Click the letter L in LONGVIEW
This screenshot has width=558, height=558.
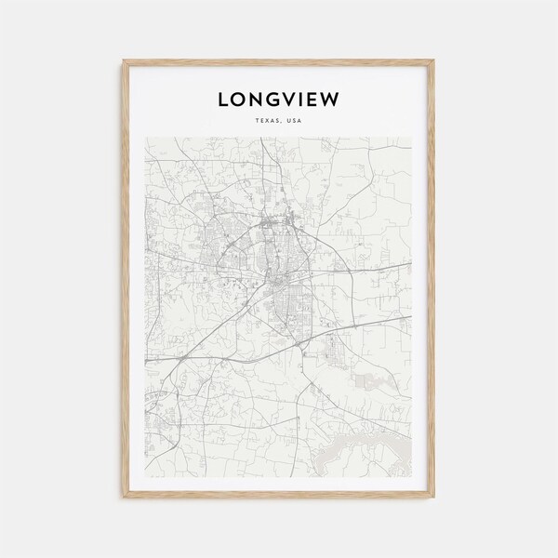pos(222,98)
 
